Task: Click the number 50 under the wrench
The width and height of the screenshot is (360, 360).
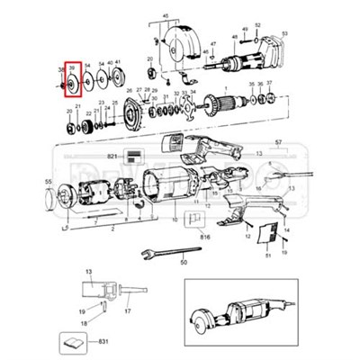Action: tap(184, 263)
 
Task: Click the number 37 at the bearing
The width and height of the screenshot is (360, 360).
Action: tap(269, 83)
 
